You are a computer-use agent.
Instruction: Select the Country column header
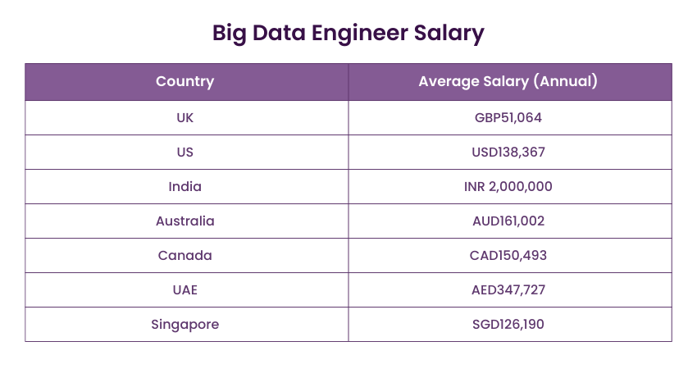[x=185, y=81]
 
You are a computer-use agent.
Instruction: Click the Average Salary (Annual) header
[x=508, y=81]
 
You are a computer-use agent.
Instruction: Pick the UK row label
[x=185, y=117]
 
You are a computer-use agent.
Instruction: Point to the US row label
[x=185, y=152]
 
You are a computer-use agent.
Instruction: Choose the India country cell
[x=185, y=186]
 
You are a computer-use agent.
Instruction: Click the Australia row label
[x=185, y=221]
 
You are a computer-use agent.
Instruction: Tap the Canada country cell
[x=185, y=255]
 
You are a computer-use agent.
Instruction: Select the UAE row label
[x=185, y=289]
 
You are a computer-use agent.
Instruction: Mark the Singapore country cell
[x=185, y=324]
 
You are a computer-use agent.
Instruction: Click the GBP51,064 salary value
[x=508, y=117]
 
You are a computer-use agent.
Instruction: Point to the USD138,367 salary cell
[x=508, y=152]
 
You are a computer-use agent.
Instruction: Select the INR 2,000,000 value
[x=508, y=186]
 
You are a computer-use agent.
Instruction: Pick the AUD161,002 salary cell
[x=508, y=221]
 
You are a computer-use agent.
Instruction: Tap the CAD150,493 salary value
[x=508, y=255]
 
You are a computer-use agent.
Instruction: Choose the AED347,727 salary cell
[x=508, y=289]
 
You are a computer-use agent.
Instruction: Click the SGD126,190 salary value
[x=508, y=324]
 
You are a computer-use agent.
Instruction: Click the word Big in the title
[x=230, y=33]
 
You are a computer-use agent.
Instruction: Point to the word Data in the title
[x=278, y=33]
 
